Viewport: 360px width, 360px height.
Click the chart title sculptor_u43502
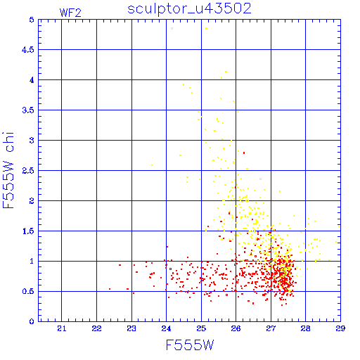point(189,8)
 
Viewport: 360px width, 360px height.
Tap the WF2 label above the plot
point(70,13)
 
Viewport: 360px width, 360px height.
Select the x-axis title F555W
point(190,345)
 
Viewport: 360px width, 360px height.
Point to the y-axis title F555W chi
point(8,170)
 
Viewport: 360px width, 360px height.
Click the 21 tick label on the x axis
point(62,328)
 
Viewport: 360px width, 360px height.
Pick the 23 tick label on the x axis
point(131,328)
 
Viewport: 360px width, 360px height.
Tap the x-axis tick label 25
point(201,328)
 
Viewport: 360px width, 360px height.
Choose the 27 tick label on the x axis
point(271,328)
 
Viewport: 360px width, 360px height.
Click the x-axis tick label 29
point(340,328)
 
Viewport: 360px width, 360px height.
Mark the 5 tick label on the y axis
point(32,20)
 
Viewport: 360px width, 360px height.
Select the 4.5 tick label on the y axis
point(28,50)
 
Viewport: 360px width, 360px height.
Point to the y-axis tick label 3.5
point(28,110)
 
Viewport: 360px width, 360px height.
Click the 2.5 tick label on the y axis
point(28,171)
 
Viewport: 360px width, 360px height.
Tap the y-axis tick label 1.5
point(28,231)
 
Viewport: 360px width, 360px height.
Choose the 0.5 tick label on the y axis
point(28,291)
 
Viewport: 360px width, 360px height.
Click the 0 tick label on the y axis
point(32,321)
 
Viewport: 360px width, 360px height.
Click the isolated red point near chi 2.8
point(244,153)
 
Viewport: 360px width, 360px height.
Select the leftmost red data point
point(110,289)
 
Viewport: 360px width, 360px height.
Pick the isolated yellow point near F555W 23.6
point(152,165)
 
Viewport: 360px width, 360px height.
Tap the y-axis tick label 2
point(32,201)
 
